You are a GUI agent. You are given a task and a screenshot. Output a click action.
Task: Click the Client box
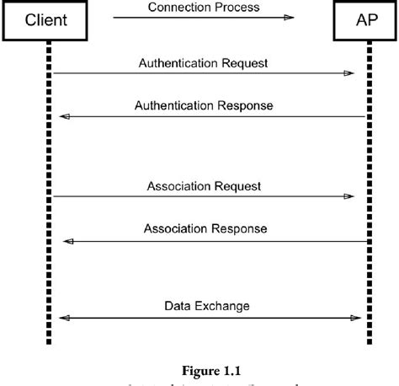point(45,20)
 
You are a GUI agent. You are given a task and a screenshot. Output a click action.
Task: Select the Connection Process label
point(204,8)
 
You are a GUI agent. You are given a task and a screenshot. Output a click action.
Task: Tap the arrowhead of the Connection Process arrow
point(289,18)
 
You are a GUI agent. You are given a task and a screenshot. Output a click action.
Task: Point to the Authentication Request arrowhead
point(348,73)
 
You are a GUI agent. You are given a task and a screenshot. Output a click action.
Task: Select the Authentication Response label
point(204,106)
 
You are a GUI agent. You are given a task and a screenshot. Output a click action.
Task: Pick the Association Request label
point(204,185)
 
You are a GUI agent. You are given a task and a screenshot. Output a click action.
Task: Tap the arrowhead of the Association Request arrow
point(348,196)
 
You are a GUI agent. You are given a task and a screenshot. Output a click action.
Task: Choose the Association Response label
point(205,228)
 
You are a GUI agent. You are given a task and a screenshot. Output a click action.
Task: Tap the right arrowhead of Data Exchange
point(356,318)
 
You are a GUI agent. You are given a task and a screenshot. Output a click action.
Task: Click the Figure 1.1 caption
point(205,368)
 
